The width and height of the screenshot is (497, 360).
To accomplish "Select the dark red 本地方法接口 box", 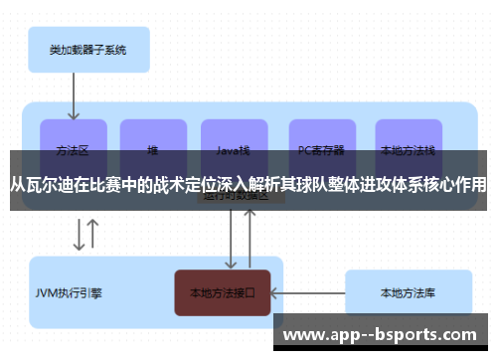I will pos(223,292).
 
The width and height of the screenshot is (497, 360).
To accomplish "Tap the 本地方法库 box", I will pos(408,292).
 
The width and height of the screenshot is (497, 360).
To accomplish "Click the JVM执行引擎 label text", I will pos(69,293).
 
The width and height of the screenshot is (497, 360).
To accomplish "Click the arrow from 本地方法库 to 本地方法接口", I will pos(308,292).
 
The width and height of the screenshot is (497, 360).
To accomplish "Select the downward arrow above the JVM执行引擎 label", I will pos(79,235).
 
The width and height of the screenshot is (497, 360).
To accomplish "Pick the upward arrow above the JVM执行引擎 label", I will pos(93,235).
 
